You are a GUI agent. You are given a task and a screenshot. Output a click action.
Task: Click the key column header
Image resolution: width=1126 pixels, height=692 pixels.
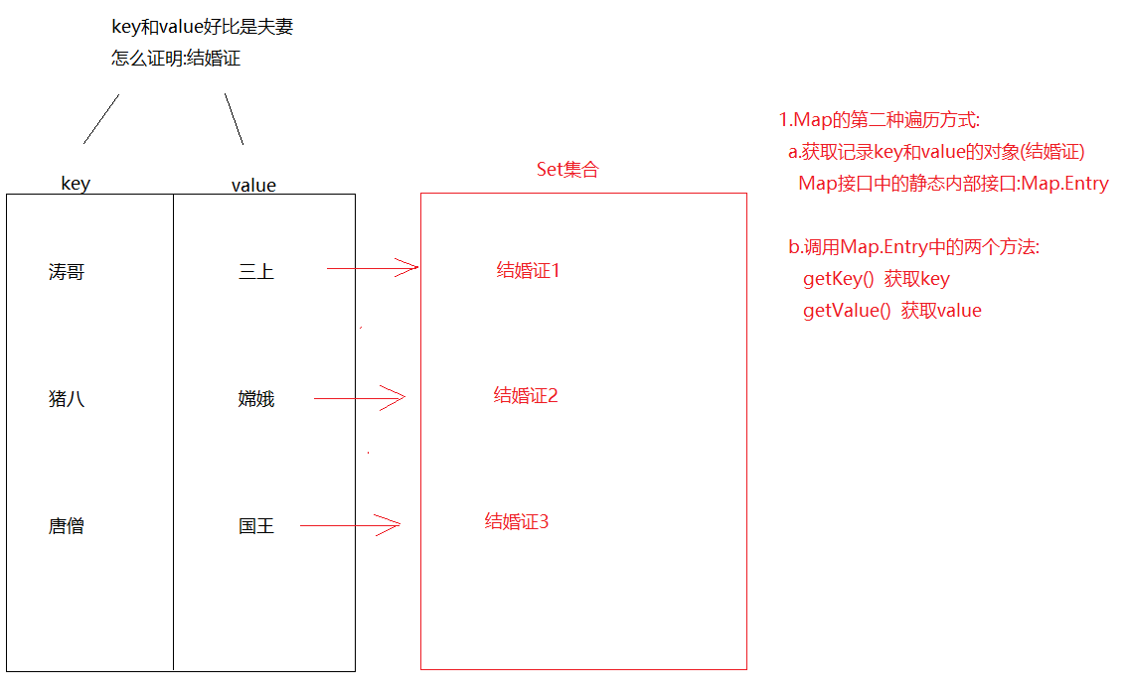[76, 184]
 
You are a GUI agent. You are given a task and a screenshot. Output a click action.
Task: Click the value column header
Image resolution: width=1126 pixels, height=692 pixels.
[253, 185]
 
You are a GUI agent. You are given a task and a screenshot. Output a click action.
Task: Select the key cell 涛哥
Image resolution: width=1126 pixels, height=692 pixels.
[67, 272]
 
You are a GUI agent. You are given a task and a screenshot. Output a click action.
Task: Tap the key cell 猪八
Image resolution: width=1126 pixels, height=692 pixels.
[67, 399]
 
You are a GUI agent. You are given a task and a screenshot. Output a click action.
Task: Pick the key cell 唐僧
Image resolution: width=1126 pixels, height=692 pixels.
[67, 526]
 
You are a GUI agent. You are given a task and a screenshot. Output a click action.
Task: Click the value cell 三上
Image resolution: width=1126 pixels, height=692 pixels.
[256, 272]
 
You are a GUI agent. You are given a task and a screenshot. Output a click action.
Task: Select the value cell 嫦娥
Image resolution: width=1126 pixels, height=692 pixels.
[256, 399]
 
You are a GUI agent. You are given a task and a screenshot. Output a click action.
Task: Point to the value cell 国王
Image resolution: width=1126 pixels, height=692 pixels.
[256, 526]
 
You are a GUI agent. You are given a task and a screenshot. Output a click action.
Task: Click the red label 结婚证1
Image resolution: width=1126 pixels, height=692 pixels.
[529, 270]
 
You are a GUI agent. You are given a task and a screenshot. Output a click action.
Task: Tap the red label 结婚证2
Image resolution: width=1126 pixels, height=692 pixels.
[526, 396]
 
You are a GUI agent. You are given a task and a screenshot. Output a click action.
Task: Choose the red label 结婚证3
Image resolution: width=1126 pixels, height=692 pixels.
[517, 521]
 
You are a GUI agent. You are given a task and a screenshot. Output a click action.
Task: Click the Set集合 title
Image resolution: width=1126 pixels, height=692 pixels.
[567, 170]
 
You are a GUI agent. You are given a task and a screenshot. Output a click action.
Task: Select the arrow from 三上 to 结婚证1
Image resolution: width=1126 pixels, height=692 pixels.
[373, 267]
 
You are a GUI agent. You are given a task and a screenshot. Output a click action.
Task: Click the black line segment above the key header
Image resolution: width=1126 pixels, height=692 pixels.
[101, 119]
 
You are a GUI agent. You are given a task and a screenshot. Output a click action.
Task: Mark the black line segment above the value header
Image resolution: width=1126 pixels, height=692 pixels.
[234, 119]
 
